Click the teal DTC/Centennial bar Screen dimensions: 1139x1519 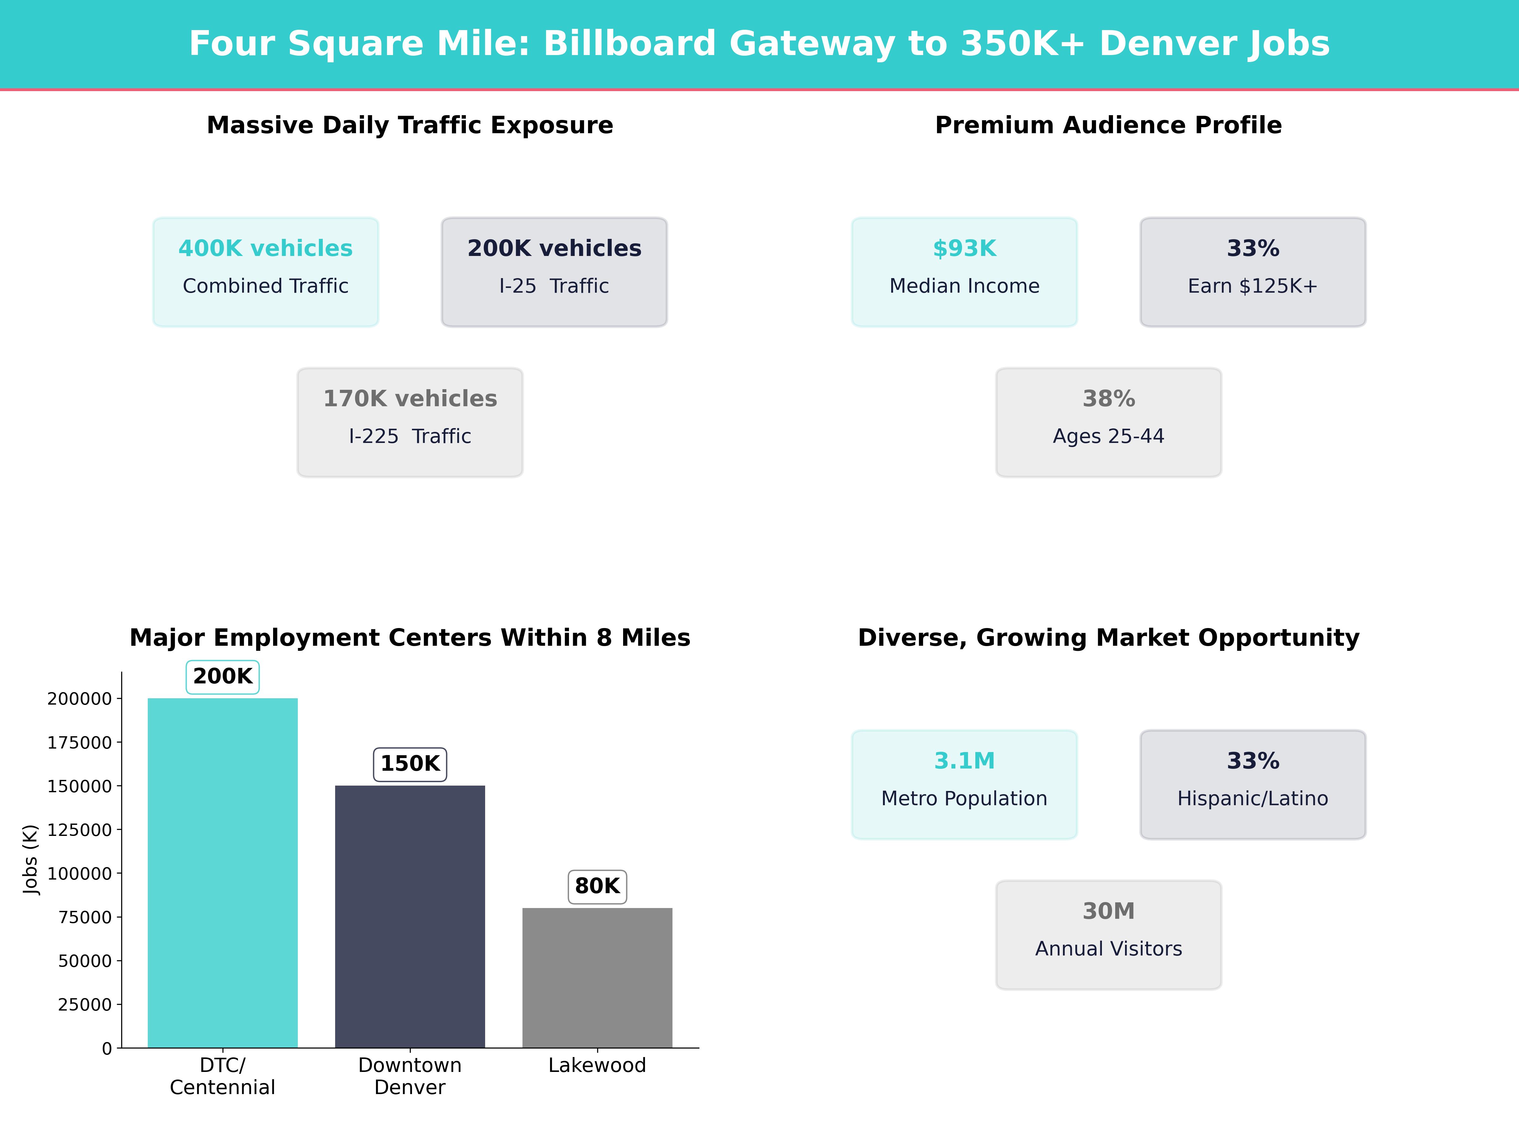tap(222, 872)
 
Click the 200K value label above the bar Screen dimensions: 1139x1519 tap(222, 676)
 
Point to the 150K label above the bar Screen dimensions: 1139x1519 tap(410, 763)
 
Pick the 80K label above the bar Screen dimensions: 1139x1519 tap(597, 886)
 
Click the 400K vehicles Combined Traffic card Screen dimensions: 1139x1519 tap(266, 272)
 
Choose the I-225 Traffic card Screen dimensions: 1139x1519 tap(410, 422)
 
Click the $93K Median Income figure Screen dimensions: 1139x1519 tap(964, 249)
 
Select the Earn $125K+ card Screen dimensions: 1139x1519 tap(1253, 272)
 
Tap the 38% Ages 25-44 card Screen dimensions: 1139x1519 tap(1108, 422)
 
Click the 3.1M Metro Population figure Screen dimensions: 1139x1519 tap(964, 761)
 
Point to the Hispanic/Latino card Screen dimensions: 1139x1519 tap(1253, 784)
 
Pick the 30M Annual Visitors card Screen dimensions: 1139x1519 tap(1108, 934)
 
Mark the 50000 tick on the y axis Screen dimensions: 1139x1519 tap(84, 961)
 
